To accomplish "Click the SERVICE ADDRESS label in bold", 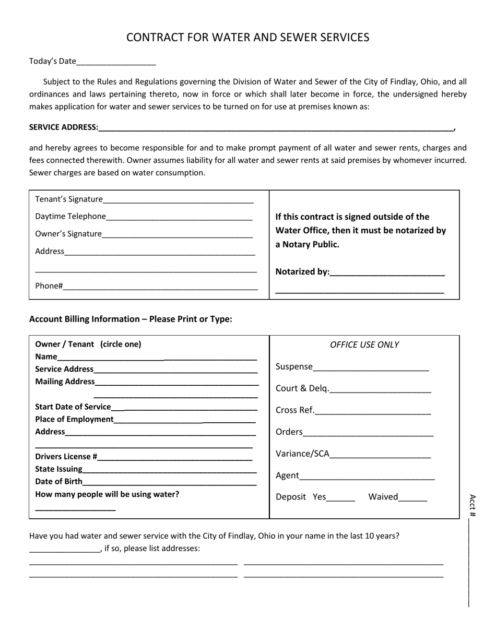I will [x=64, y=127].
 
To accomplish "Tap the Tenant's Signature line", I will [x=178, y=200].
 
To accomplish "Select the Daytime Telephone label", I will [x=70, y=216].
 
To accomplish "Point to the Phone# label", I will [x=49, y=286].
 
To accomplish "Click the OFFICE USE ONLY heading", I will [x=364, y=345].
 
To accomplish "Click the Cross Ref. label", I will [x=295, y=410].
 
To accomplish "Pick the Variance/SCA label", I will [x=302, y=454].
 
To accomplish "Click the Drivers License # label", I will [x=66, y=457].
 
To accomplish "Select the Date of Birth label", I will [x=58, y=481].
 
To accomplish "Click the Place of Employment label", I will [x=74, y=420].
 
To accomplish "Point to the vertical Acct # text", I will [x=473, y=505].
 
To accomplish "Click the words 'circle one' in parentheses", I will [x=121, y=344].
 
